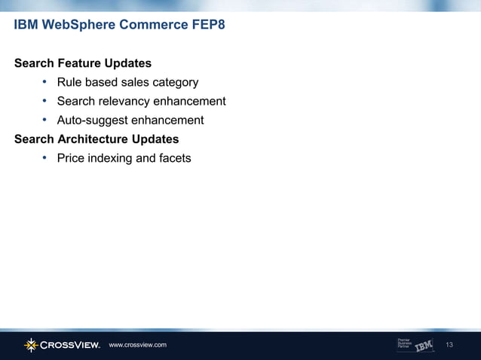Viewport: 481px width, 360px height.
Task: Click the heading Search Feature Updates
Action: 83,63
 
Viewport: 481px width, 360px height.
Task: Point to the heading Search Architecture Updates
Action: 97,139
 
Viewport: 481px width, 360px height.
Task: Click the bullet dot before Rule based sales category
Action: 45,82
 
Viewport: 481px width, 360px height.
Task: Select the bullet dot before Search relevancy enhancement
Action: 45,101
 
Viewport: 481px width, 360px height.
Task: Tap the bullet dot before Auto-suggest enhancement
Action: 45,121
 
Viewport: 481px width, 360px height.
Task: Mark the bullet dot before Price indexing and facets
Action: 45,158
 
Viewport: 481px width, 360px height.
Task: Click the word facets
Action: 173,158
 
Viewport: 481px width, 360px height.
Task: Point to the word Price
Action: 72,158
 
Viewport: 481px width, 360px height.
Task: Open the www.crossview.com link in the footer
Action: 137,345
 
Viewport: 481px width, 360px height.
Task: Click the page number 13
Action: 451,345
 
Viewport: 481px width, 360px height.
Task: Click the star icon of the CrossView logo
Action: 30,345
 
